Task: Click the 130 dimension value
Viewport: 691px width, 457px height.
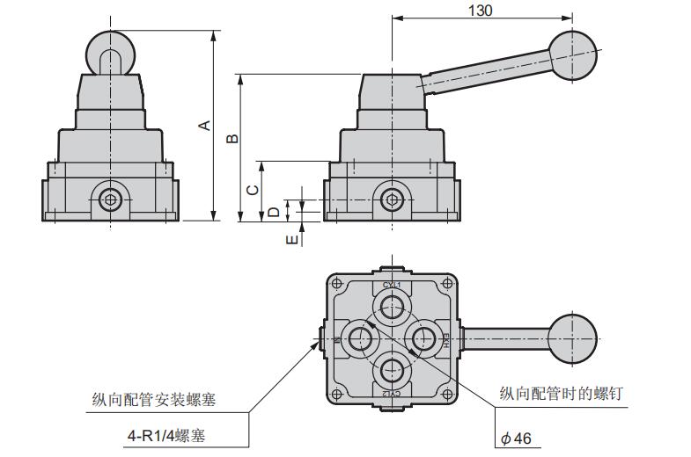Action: [481, 10]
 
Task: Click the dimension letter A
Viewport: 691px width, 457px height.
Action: [204, 126]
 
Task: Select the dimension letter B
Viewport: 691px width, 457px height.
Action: [232, 138]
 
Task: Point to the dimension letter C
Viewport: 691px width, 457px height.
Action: [252, 190]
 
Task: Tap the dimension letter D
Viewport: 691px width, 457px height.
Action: [274, 211]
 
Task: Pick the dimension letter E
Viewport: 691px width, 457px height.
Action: [291, 239]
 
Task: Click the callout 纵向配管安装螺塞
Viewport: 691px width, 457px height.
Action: [154, 400]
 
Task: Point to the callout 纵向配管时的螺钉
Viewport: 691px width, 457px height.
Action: [561, 394]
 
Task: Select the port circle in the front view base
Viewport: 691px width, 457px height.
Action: [111, 199]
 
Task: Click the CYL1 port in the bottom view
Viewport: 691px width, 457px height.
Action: [391, 307]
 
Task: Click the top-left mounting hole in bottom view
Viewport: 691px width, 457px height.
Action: [336, 283]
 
